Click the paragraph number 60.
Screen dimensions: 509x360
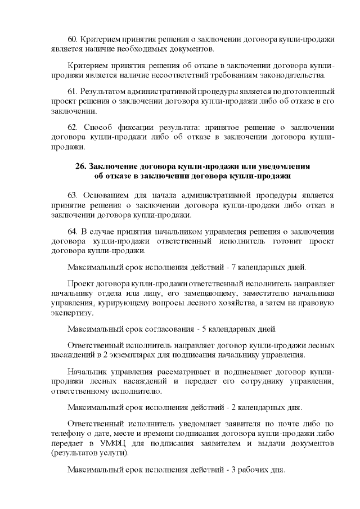(x=73, y=40)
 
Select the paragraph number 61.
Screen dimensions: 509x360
(x=73, y=91)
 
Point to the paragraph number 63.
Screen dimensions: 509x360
(x=73, y=195)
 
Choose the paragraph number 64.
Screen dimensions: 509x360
(x=73, y=231)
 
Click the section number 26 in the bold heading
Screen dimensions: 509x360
(x=80, y=167)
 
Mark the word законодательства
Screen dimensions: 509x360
(x=293, y=75)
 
